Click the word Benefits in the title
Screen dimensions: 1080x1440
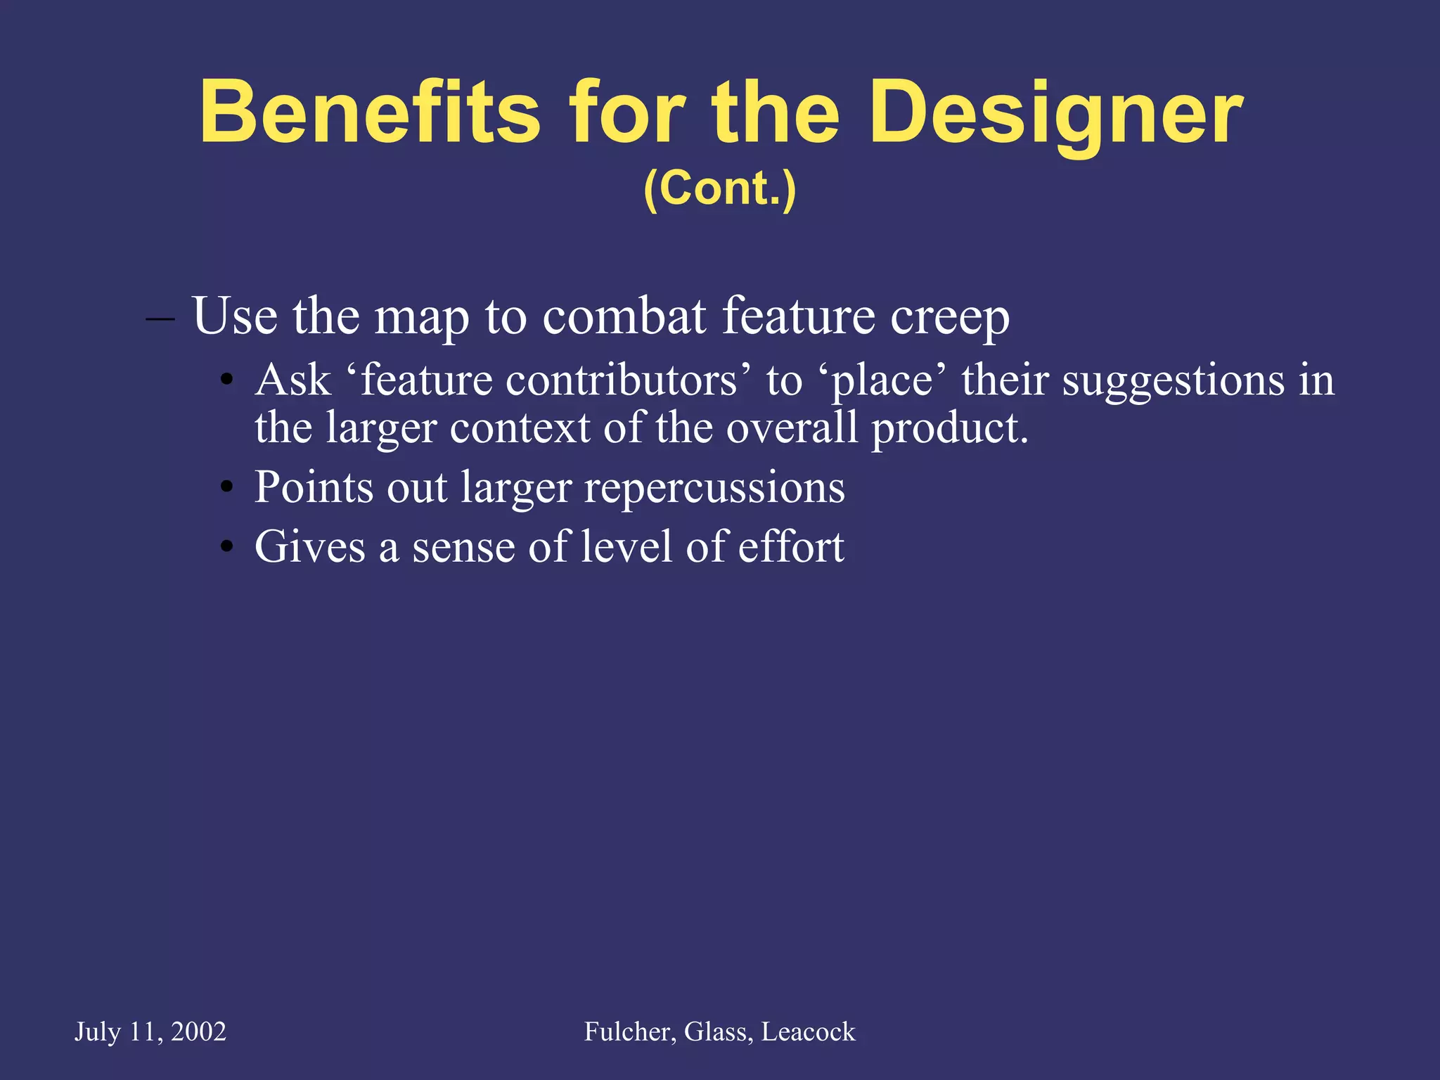coord(370,112)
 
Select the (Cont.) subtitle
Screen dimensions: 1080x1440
coord(719,188)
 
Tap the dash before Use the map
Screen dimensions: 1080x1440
coord(160,318)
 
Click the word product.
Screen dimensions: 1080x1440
coord(949,429)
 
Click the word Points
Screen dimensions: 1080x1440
coord(314,487)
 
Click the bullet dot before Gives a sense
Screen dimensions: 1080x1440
coord(226,547)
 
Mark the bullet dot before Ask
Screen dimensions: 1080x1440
coord(226,382)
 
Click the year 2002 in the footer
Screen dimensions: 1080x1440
coord(198,1031)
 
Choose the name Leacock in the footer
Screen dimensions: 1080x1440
coord(808,1031)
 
